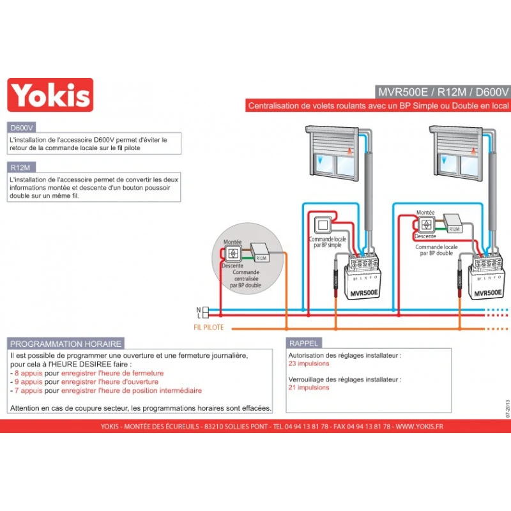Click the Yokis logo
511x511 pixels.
point(50,95)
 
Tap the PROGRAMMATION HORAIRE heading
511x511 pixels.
point(65,344)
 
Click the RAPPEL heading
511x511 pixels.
point(303,343)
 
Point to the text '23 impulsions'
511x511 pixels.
point(309,363)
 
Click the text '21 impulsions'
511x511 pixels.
point(309,387)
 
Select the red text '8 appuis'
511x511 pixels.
point(27,373)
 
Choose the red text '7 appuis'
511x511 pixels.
point(27,390)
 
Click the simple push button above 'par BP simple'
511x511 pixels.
point(321,225)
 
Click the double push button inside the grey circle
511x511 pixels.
point(232,253)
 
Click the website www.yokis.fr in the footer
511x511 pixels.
point(419,426)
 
